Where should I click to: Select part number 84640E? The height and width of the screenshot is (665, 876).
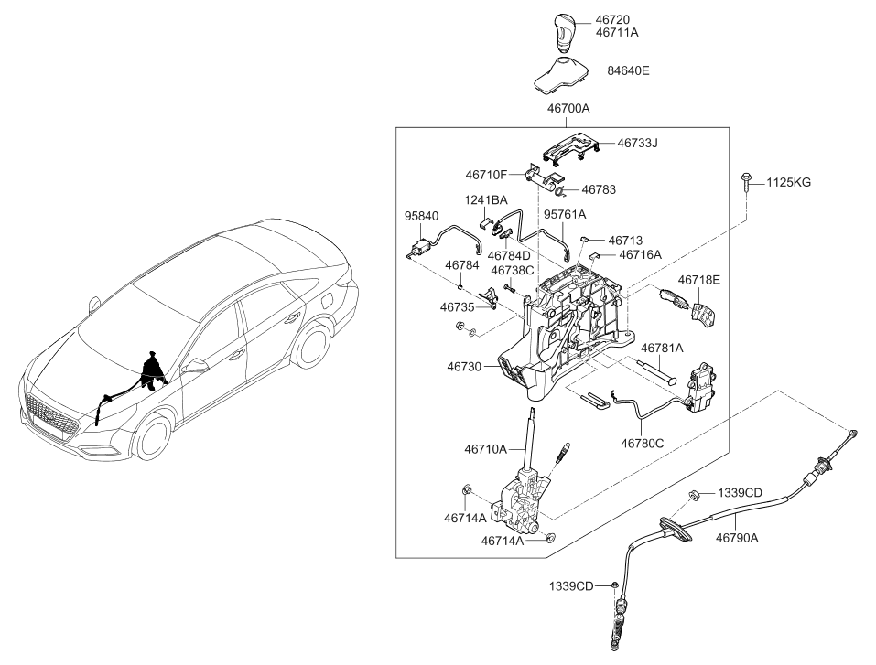[x=629, y=71]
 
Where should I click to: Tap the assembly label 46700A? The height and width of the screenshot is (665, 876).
[x=568, y=108]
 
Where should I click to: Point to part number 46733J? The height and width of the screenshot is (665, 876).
[x=637, y=143]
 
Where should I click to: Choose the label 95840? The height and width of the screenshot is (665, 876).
[x=421, y=216]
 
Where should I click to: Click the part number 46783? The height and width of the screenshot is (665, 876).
[x=599, y=190]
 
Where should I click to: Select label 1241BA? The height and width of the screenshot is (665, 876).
[x=485, y=200]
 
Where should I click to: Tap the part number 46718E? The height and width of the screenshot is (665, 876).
[x=699, y=280]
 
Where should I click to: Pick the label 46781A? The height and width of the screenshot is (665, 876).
[x=662, y=349]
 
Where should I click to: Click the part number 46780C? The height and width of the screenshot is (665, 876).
[x=643, y=444]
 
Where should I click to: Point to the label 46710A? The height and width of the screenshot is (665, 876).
[x=485, y=449]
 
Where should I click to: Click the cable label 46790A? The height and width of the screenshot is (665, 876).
[x=737, y=538]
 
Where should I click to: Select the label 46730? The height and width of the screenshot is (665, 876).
[x=464, y=367]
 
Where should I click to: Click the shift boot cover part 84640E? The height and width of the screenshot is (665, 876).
[x=561, y=73]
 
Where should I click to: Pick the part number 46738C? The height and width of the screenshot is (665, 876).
[x=513, y=271]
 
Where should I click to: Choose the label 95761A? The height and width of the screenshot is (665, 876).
[x=565, y=214]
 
